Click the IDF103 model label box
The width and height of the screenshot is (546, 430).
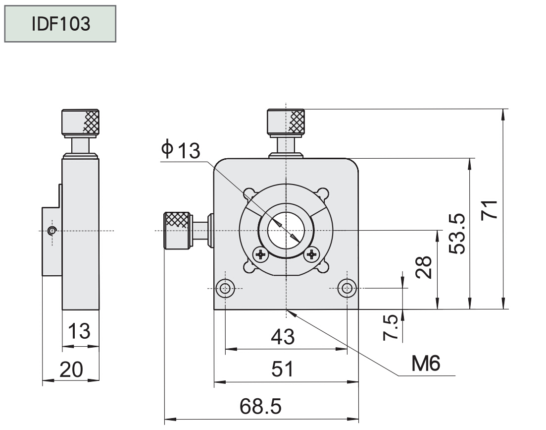tap(60, 24)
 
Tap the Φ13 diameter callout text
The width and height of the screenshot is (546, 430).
tap(181, 150)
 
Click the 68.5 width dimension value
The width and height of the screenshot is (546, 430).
tap(260, 407)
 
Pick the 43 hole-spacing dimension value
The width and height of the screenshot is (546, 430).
tap(283, 337)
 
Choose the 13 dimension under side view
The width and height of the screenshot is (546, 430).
tap(79, 331)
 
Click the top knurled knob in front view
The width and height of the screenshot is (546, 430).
tap(286, 122)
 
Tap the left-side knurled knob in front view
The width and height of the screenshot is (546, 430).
tap(177, 231)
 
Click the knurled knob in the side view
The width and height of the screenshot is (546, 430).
tap(80, 122)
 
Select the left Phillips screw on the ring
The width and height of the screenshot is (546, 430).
tap(260, 255)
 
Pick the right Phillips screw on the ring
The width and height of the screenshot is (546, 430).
tap(312, 255)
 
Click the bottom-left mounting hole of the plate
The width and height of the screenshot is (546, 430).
tap(226, 288)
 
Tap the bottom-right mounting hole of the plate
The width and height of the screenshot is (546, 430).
tap(347, 288)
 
